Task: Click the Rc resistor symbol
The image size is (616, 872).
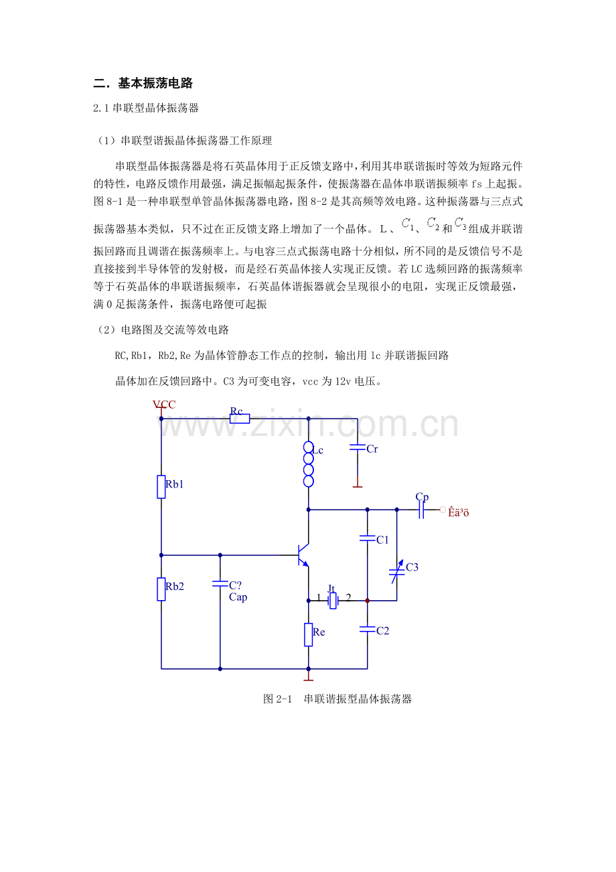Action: point(240,419)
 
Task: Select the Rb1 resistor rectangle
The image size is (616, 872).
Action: point(161,486)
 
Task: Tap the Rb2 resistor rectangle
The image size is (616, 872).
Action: point(161,589)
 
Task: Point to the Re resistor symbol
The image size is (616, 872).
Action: point(308,634)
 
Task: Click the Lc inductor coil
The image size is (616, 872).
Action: point(308,464)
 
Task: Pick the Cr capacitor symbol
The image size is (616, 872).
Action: point(358,445)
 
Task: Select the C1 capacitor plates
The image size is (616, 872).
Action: point(367,537)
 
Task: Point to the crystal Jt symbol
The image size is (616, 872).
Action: point(333,601)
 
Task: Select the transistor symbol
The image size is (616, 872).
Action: point(303,555)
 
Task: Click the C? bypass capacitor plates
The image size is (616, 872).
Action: point(220,583)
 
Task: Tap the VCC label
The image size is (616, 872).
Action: point(164,405)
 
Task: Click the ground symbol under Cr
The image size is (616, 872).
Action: point(358,486)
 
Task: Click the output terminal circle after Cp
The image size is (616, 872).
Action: point(443,510)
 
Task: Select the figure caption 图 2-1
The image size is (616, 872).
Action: point(337,699)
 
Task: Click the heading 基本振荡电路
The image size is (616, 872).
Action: point(155,84)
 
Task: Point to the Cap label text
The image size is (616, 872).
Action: point(238,597)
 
